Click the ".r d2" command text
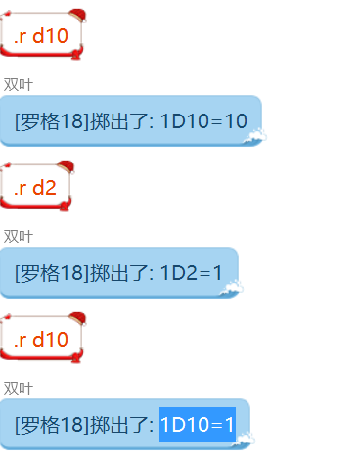[x=35, y=188]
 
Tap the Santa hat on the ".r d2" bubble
[x=64, y=169]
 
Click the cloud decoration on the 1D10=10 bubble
[x=256, y=137]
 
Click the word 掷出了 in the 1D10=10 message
[x=121, y=120]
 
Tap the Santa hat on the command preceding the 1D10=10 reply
[x=76, y=17]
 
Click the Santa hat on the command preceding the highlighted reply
[x=76, y=321]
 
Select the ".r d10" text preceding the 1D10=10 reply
[x=41, y=36]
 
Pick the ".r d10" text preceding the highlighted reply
[x=41, y=340]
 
